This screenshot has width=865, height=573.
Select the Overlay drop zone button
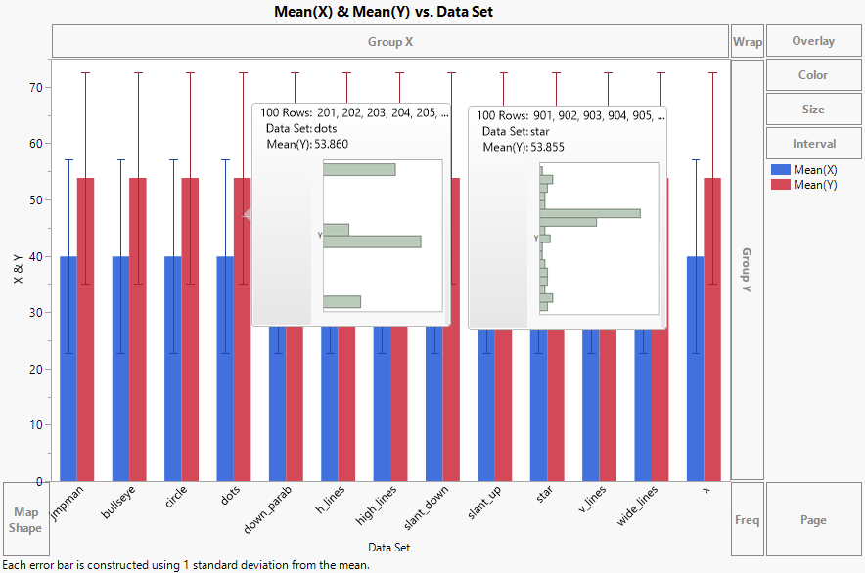(813, 41)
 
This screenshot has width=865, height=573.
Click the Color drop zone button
(813, 75)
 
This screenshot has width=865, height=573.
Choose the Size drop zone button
(813, 110)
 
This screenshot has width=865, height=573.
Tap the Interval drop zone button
(813, 144)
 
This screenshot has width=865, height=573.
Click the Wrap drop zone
(748, 42)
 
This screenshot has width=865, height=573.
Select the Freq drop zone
(748, 520)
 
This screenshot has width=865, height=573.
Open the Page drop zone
(813, 520)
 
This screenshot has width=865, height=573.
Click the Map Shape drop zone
(25, 520)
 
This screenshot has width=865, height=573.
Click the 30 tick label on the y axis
(36, 313)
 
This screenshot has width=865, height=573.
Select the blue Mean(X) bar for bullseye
(120, 372)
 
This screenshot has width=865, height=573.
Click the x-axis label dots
(230, 499)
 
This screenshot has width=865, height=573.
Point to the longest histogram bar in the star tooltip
(590, 213)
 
